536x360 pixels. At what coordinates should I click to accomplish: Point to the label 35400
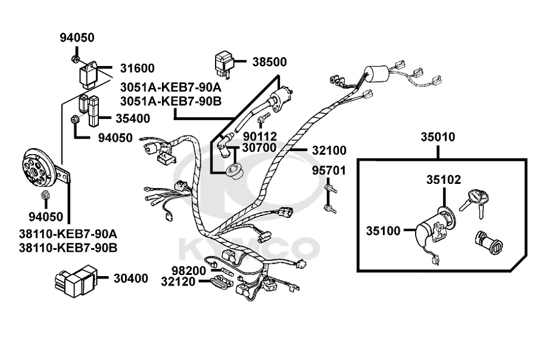[133, 118]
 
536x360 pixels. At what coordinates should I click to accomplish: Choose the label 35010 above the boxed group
[438, 137]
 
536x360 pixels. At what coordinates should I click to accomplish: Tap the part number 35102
[443, 179]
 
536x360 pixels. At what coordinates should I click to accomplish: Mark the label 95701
[329, 171]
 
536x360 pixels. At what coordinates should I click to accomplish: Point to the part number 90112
[260, 136]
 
